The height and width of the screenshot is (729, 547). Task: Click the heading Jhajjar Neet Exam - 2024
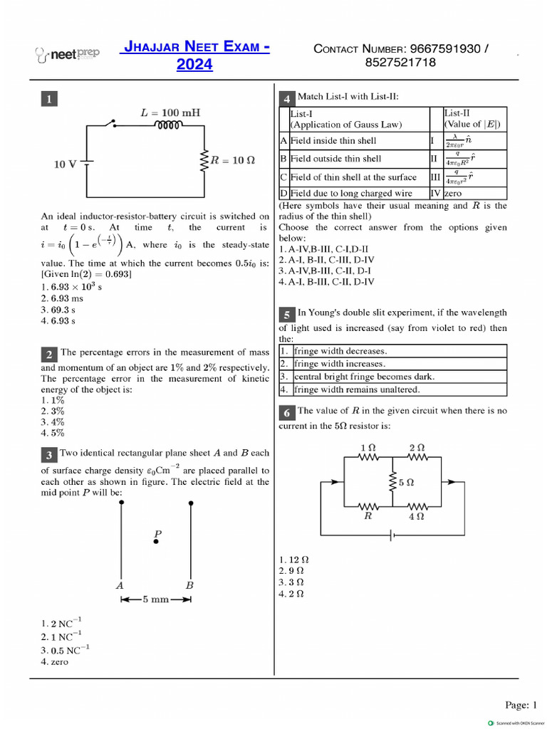coord(197,56)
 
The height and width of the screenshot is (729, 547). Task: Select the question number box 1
coord(48,100)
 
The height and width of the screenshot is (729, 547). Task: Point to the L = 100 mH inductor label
coord(170,112)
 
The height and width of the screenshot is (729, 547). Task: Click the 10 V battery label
coord(66,164)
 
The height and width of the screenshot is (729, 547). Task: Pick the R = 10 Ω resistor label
coord(232,161)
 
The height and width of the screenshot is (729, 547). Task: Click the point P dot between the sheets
coord(157,542)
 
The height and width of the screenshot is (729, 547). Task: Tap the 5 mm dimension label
coord(156,599)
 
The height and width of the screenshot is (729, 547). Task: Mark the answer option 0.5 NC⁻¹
coord(65,650)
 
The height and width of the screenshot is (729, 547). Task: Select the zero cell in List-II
coord(453,193)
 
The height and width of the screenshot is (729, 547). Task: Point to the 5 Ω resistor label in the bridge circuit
coord(407,482)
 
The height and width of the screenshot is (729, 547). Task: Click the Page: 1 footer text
coord(521,705)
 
